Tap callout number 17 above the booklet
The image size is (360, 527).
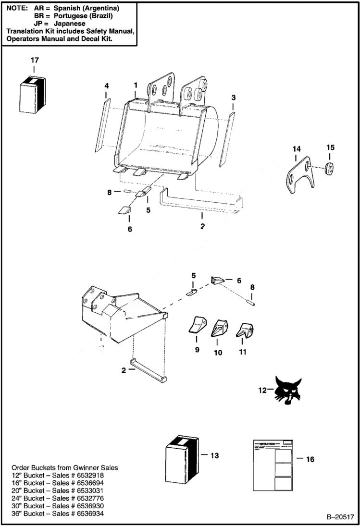34,60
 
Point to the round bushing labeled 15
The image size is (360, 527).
330,168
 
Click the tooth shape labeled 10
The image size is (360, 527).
219,328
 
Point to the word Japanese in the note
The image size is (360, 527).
69,23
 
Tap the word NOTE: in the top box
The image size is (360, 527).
17,9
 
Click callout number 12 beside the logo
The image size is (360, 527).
262,391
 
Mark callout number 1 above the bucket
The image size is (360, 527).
136,85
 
